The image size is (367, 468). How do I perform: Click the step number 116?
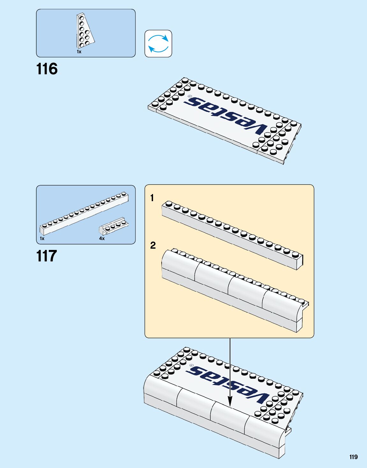coord(47,69)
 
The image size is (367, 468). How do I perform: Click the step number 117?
coord(47,256)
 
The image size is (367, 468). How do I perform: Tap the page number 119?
coord(353,457)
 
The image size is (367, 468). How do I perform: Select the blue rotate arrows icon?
coord(158,44)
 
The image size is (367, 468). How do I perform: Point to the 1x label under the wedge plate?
coord(79,52)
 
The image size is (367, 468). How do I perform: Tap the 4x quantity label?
coord(102,238)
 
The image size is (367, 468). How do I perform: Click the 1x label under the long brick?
coord(42,238)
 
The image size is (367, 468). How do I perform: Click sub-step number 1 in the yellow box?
coord(152,198)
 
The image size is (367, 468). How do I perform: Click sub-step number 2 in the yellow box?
coord(153,245)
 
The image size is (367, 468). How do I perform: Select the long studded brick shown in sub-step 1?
coord(232,235)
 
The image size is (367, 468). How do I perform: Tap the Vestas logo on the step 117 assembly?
coord(228,384)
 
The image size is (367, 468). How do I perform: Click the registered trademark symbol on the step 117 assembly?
coord(191,365)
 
